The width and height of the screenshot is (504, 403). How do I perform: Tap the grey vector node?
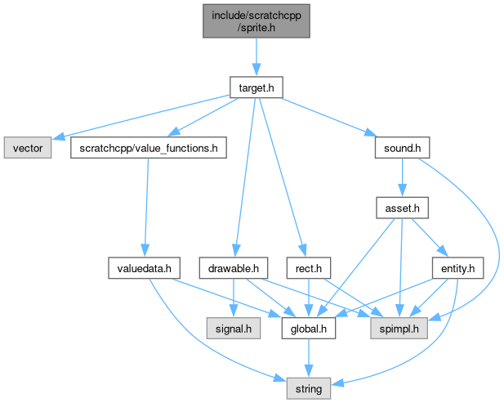[x=28, y=149]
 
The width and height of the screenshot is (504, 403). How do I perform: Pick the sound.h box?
[x=402, y=149]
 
